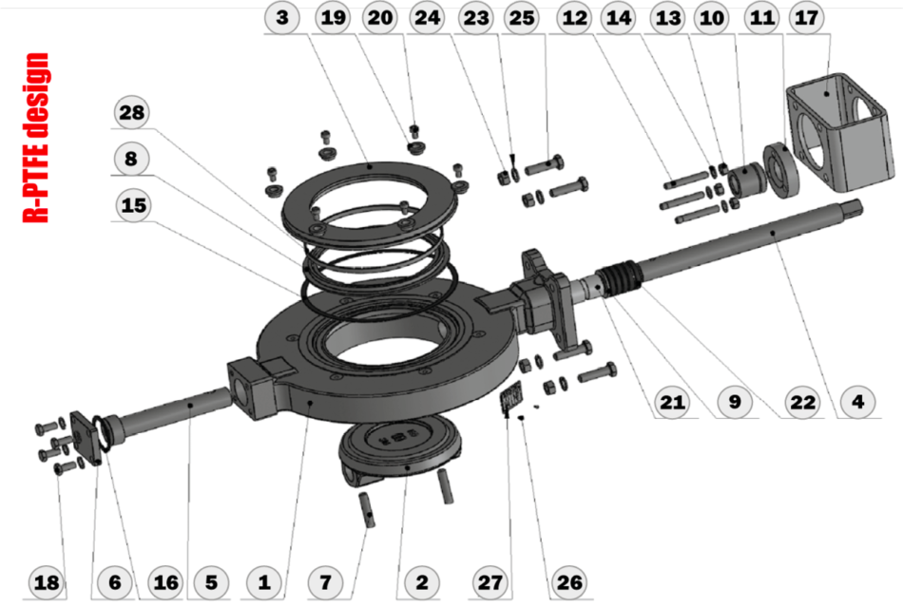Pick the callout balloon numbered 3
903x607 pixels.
pos(284,17)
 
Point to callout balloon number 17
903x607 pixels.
pos(807,17)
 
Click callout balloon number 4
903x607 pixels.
pos(858,402)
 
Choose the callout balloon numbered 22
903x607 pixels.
pos(803,402)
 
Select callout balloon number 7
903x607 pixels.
pos(326,581)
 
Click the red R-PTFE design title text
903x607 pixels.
pos(37,138)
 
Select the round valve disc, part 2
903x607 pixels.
pos(399,446)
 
